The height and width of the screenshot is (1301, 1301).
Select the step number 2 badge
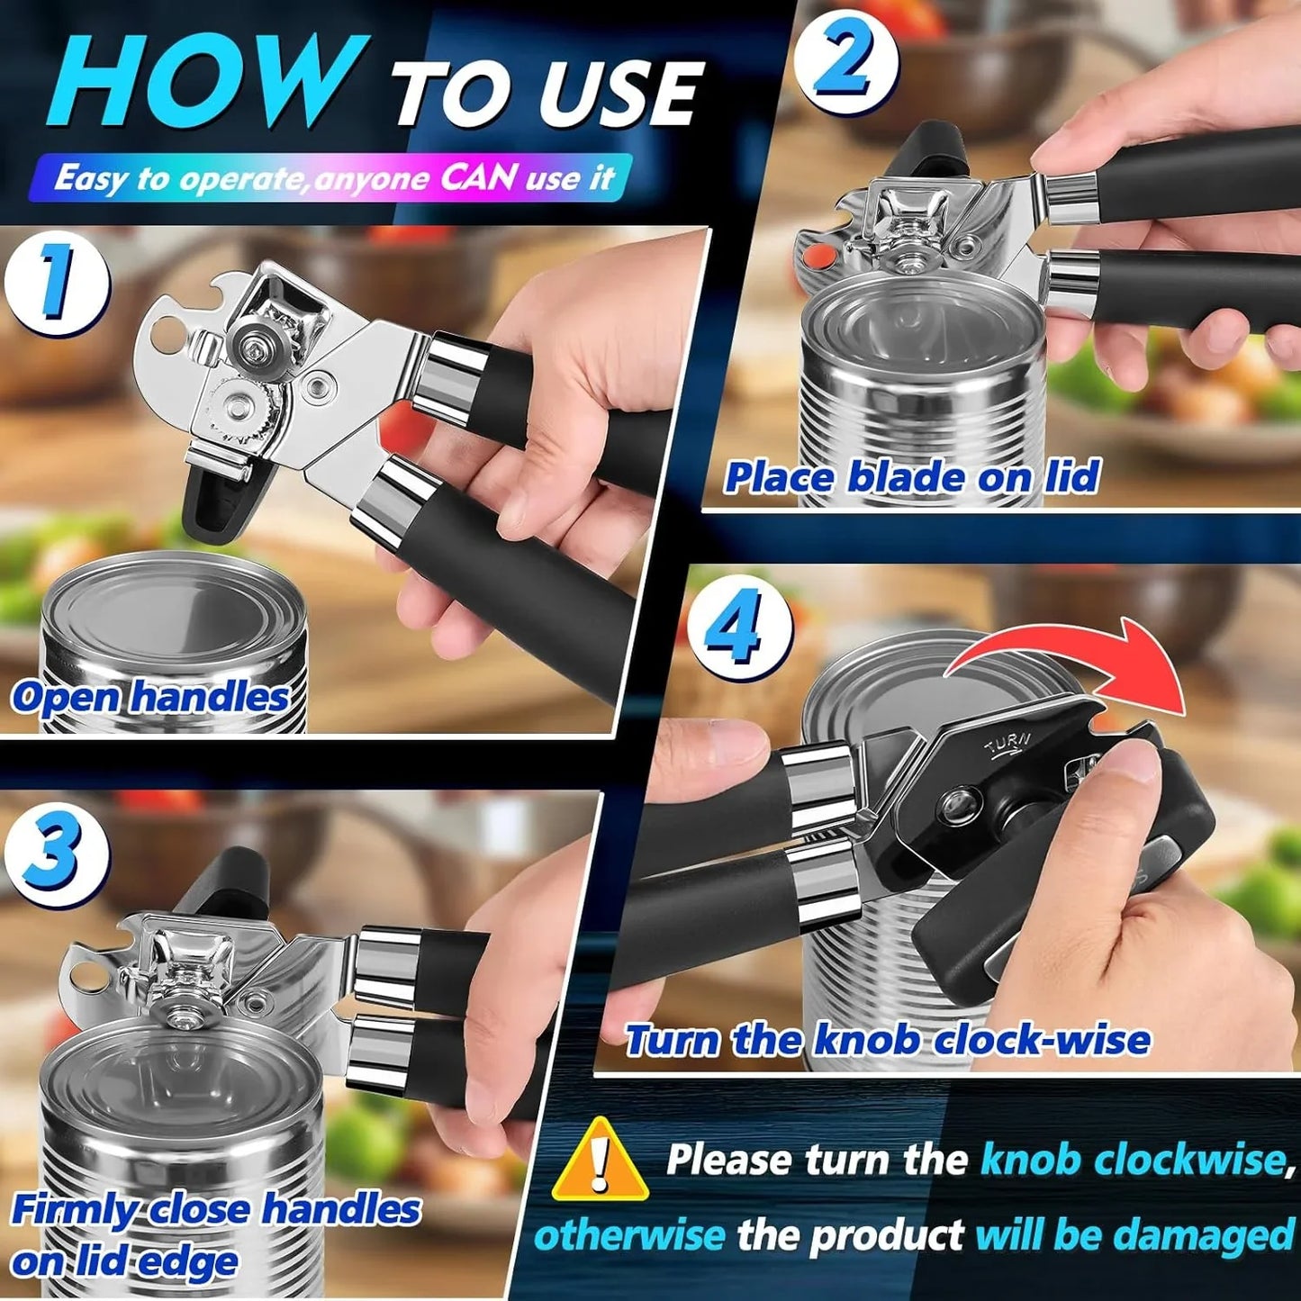tap(845, 61)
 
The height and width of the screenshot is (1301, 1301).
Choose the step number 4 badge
tap(739, 627)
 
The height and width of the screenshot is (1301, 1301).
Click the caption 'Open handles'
tap(150, 698)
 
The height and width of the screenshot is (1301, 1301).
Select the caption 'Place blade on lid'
tap(912, 477)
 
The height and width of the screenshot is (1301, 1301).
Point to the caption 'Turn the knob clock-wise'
tap(888, 1040)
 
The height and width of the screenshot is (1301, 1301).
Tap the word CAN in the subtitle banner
tap(479, 176)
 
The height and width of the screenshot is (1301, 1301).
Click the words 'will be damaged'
tap(1134, 1234)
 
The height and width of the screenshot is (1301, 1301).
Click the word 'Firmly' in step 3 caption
tap(76, 1209)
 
